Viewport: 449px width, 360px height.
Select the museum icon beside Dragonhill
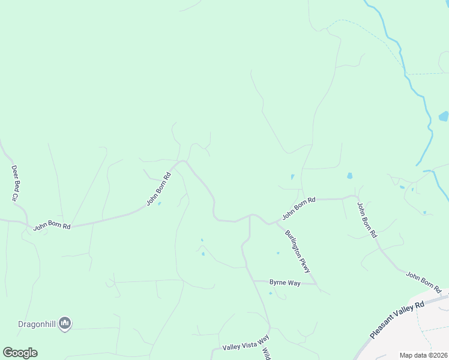click(x=65, y=324)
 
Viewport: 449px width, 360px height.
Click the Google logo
click(x=20, y=352)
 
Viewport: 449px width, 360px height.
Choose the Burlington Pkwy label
click(x=301, y=251)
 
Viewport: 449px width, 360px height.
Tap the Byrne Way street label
click(x=285, y=282)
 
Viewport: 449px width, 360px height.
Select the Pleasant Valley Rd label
click(x=397, y=319)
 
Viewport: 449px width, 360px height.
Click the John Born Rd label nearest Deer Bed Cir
click(x=52, y=226)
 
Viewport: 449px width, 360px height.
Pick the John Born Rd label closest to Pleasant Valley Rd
click(x=423, y=279)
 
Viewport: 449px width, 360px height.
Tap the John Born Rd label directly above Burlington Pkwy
click(x=298, y=207)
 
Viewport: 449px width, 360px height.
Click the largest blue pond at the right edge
click(x=444, y=116)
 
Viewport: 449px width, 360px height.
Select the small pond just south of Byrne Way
click(x=271, y=293)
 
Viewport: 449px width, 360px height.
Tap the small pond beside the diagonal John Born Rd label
click(x=158, y=203)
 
